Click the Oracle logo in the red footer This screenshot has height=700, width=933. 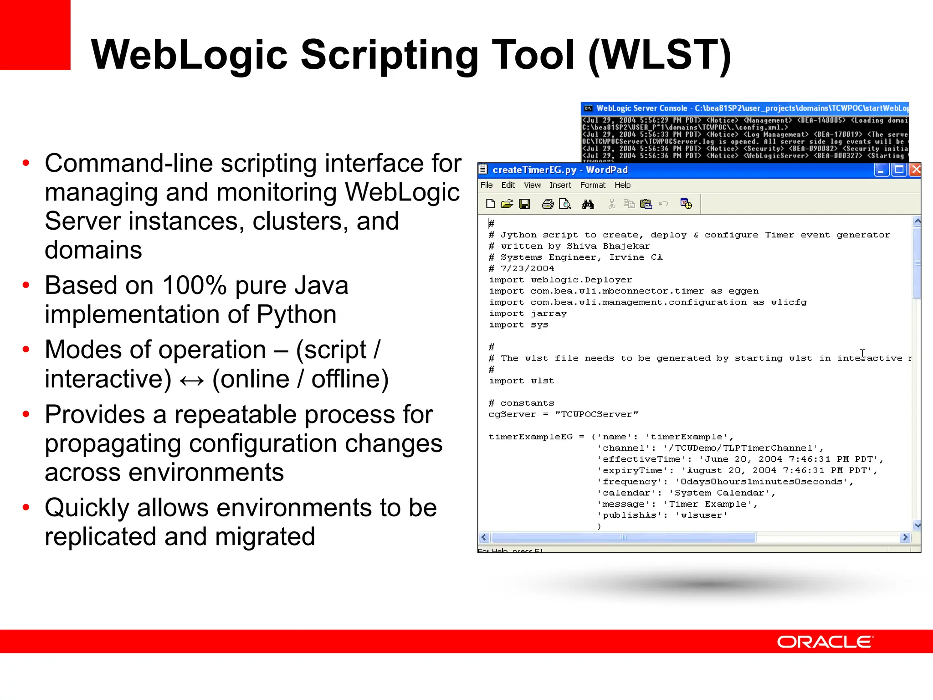click(x=825, y=642)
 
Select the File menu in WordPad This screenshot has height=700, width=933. click(x=486, y=185)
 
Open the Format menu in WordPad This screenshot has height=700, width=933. click(x=592, y=185)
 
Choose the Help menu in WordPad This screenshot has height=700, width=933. click(x=622, y=185)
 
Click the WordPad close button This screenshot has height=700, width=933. click(x=915, y=170)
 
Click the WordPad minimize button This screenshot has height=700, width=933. click(x=881, y=170)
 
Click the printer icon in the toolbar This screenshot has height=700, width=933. click(x=547, y=204)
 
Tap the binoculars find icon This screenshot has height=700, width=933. click(x=588, y=204)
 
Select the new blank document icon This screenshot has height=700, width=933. click(x=490, y=204)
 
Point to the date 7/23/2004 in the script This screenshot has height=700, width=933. click(x=527, y=268)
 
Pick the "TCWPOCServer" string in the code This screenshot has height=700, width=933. click(x=597, y=414)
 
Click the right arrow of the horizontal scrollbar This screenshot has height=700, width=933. click(x=906, y=537)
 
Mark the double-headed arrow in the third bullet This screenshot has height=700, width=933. click(x=191, y=381)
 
